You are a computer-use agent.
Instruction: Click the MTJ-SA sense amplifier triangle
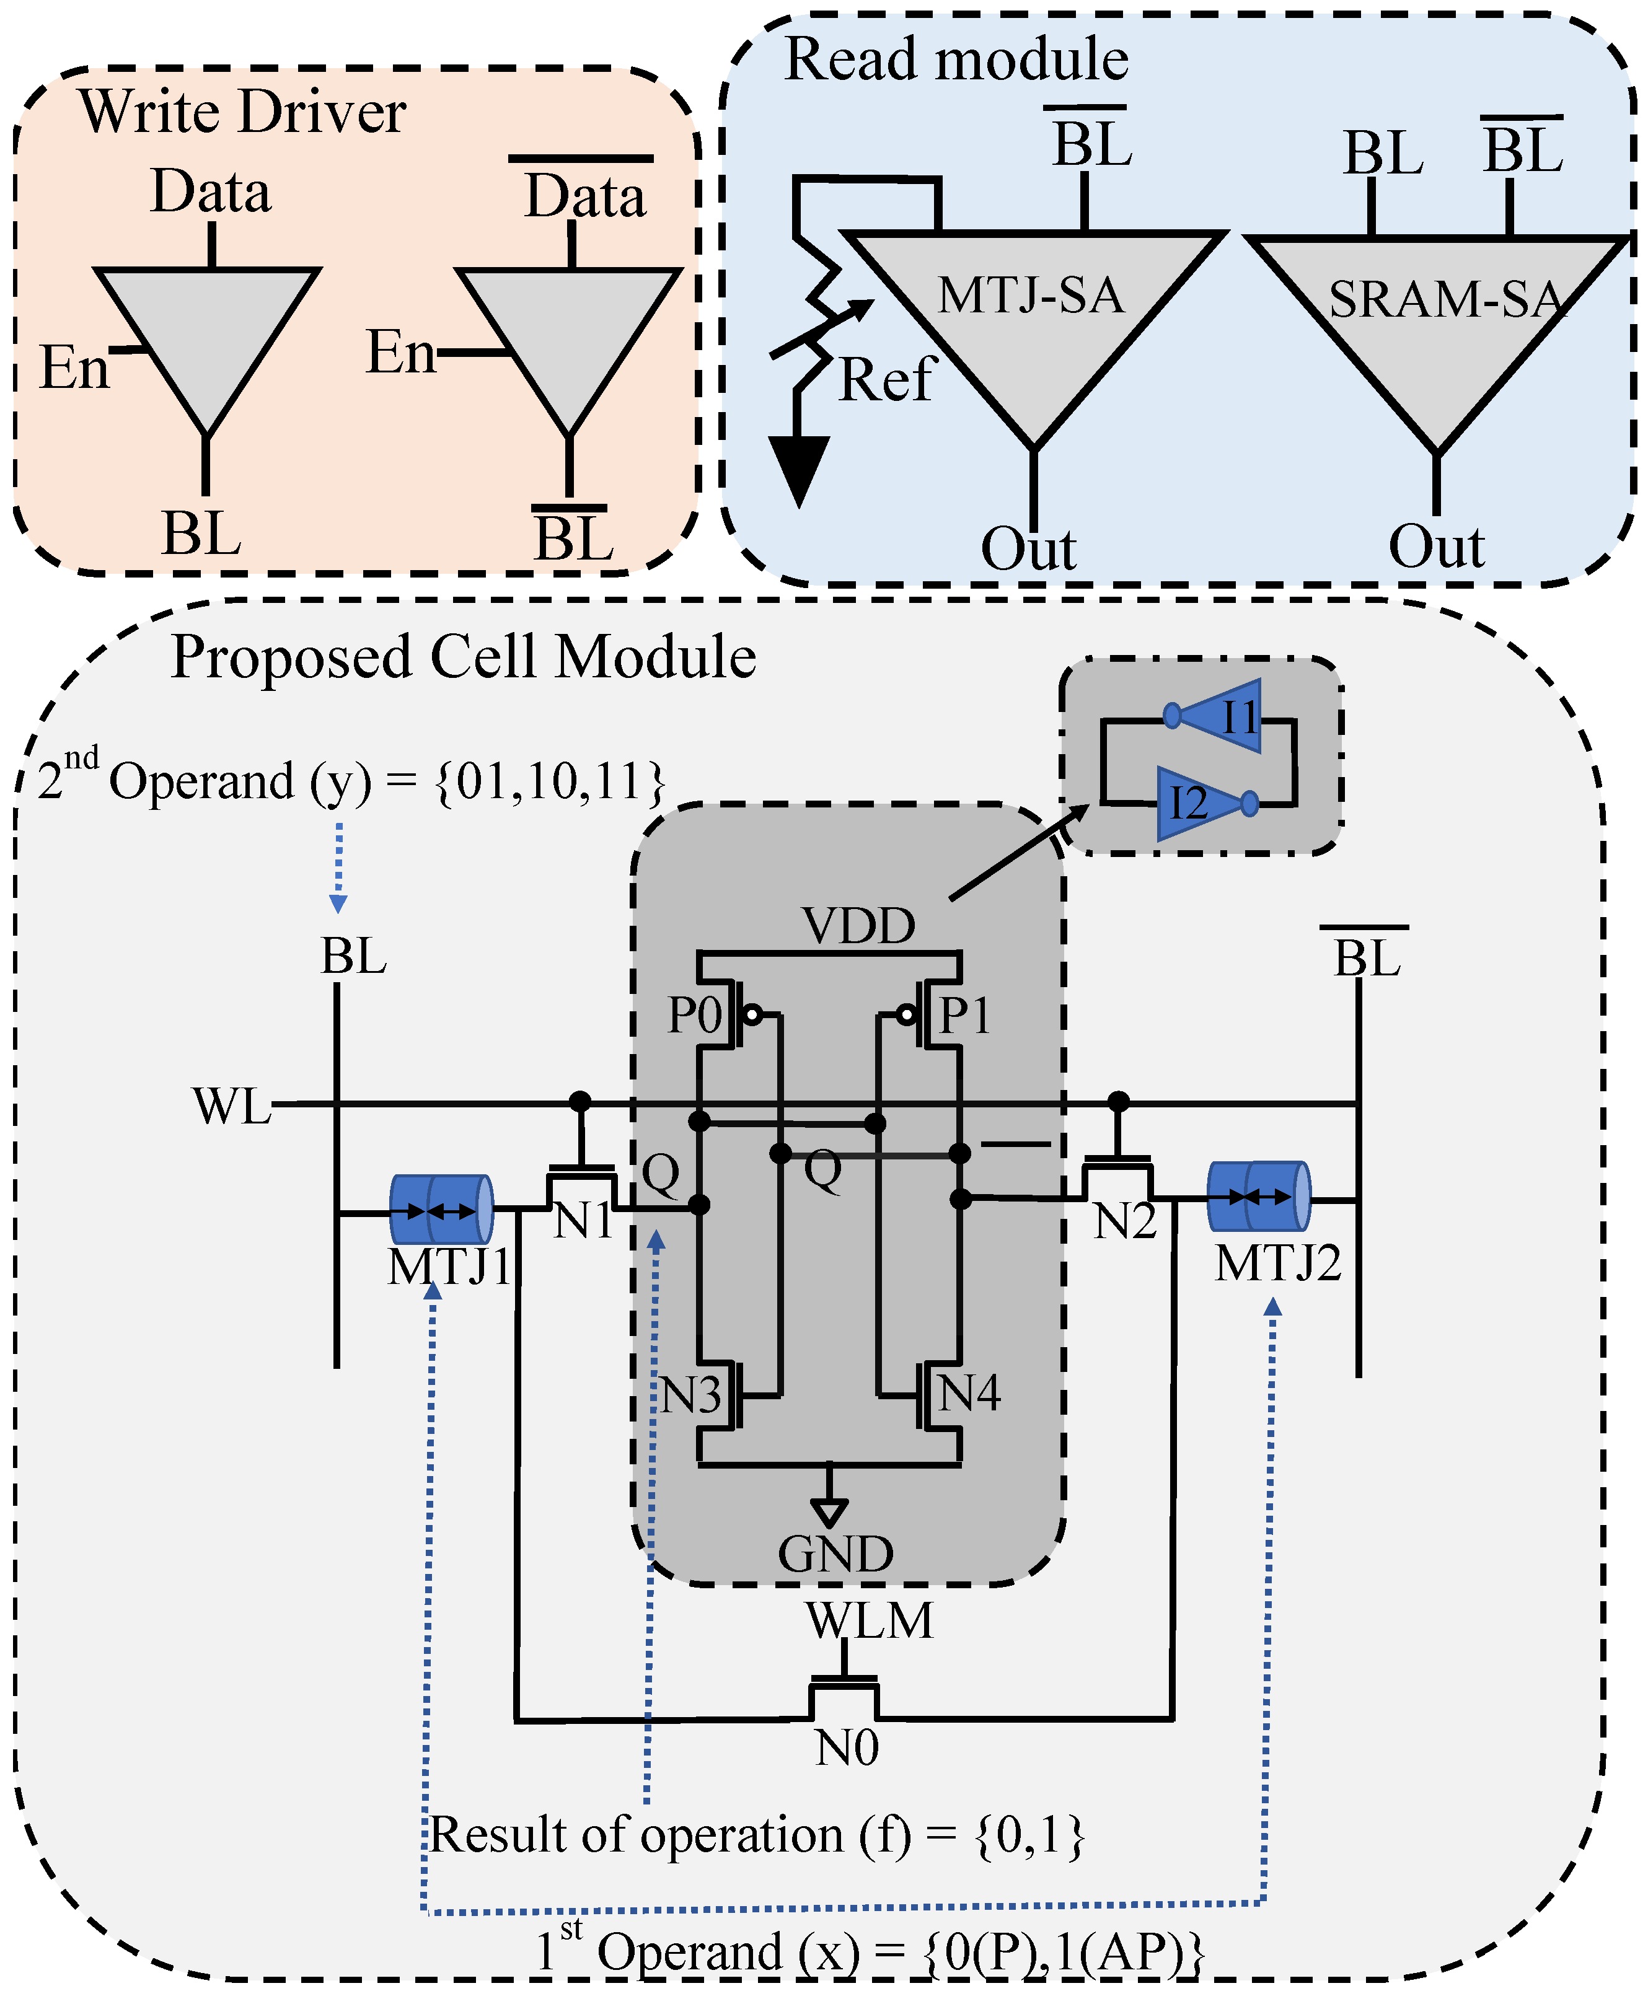coord(1034,313)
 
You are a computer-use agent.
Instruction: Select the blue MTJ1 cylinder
coord(441,1210)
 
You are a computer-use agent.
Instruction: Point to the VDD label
coord(858,926)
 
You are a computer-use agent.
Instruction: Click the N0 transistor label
coord(847,1747)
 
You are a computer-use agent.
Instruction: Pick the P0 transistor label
coord(695,1016)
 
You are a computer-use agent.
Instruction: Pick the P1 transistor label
coord(964,1016)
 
